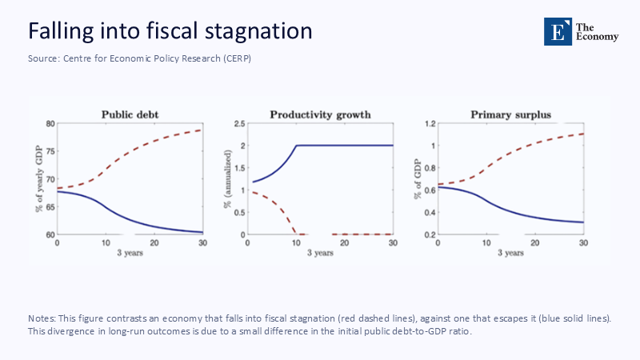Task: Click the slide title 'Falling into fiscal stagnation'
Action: coord(170,31)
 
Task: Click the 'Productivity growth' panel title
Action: coord(320,114)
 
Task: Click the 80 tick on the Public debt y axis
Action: coord(50,124)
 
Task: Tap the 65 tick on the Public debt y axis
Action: coord(50,206)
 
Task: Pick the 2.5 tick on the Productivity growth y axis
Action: coord(238,124)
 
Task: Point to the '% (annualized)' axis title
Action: coord(228,179)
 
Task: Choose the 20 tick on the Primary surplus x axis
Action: coord(535,242)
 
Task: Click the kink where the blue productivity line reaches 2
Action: coord(296,146)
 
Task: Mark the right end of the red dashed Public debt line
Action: coord(201,130)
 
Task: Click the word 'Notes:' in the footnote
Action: coord(43,318)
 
